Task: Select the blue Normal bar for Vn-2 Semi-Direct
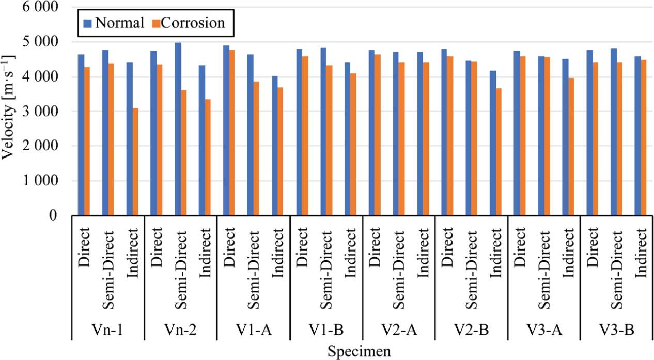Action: (178, 129)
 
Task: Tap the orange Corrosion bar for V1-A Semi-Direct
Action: (256, 148)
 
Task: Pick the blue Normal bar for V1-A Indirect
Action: (274, 146)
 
